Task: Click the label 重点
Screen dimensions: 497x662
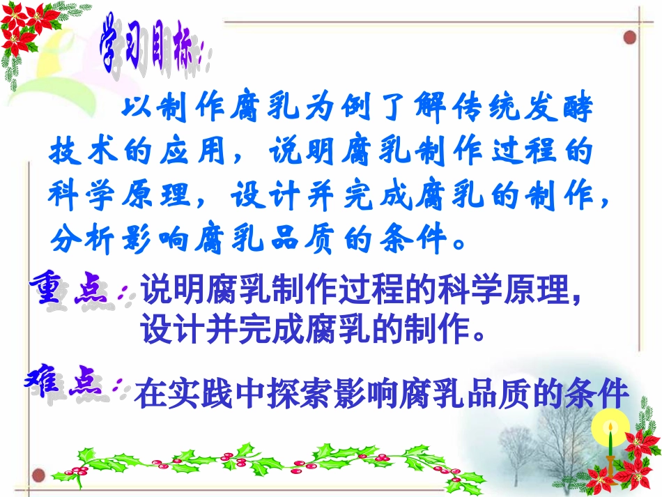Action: point(73,291)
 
